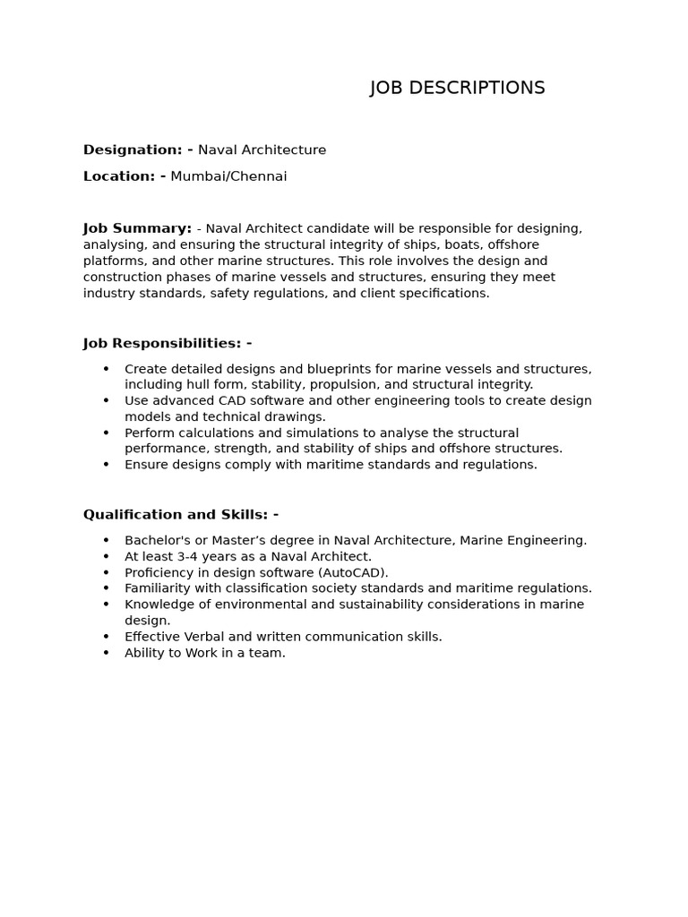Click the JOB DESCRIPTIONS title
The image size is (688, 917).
point(457,88)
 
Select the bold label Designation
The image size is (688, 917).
point(133,150)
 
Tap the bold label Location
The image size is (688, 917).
point(119,176)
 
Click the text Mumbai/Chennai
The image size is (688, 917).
point(228,176)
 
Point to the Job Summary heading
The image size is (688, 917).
point(137,228)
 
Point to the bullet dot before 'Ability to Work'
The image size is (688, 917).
point(106,653)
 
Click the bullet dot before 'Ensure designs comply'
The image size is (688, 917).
point(106,465)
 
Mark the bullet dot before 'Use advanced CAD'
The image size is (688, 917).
point(106,401)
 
